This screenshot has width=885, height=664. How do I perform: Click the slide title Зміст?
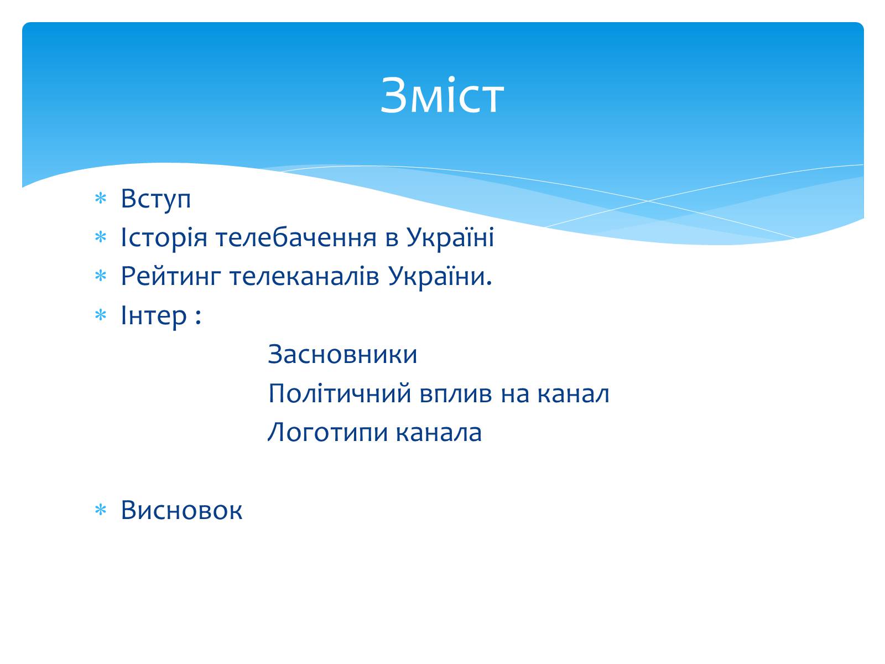point(442,96)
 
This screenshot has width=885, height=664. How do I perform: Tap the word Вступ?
point(155,199)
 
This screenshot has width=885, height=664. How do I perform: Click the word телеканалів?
point(304,276)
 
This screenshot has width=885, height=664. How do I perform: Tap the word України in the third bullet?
point(440,276)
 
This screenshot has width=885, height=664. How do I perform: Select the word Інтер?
point(154,315)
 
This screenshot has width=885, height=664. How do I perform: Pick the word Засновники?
point(342,354)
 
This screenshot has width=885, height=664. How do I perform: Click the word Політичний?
point(340,393)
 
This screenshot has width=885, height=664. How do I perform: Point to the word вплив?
point(456,393)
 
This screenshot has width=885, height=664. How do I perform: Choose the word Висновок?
point(181,510)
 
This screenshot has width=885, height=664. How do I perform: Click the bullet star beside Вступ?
point(101,198)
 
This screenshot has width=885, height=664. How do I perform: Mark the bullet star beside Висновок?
point(101,510)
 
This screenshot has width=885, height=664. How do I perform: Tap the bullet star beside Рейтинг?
point(101,276)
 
